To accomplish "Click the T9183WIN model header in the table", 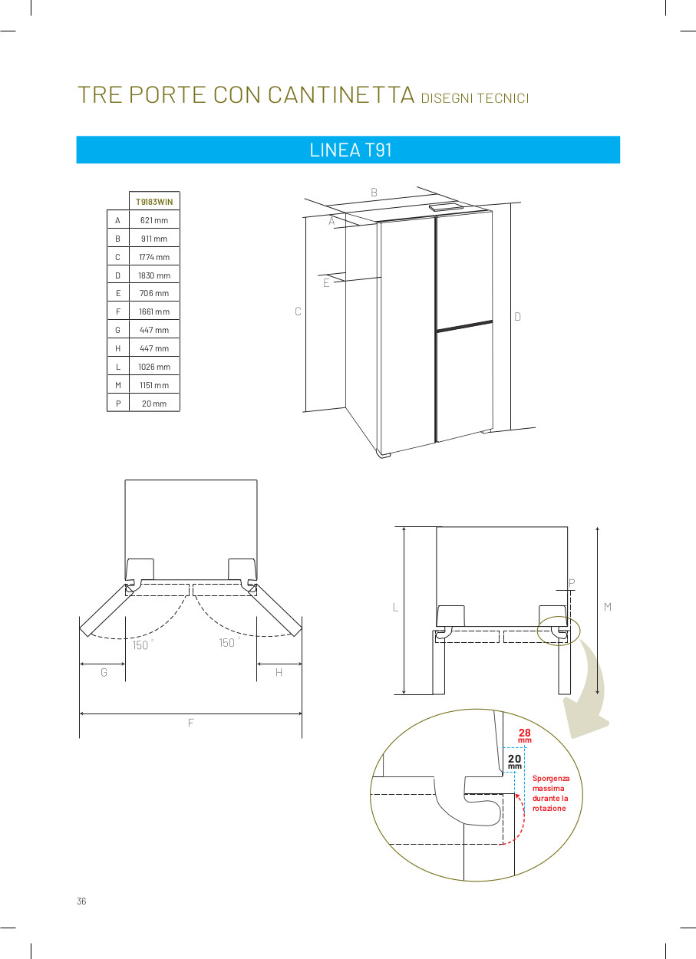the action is click(x=154, y=202).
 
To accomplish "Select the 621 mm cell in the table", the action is click(x=154, y=220).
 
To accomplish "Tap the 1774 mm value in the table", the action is click(x=154, y=257).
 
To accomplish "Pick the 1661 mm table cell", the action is click(x=154, y=311).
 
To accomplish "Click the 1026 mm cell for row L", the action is click(x=154, y=367).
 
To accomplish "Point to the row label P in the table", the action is click(x=118, y=404).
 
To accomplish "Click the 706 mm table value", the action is click(x=154, y=293).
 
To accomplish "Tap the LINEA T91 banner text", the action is click(x=351, y=150).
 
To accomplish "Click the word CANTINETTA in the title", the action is click(x=341, y=94).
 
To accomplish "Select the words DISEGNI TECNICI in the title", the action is click(x=475, y=98).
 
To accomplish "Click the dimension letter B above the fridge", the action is click(x=374, y=193).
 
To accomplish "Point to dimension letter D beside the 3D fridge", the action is click(x=517, y=317).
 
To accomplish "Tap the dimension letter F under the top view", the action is click(x=190, y=723).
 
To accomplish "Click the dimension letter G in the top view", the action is click(x=104, y=673).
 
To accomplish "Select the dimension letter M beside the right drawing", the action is click(x=607, y=607).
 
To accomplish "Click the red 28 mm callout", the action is click(x=525, y=736).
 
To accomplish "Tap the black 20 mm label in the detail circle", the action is click(x=514, y=762).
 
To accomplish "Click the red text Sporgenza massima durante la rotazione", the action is click(x=551, y=793).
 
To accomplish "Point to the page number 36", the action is click(x=81, y=901).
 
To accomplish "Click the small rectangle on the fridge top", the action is click(x=446, y=207).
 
